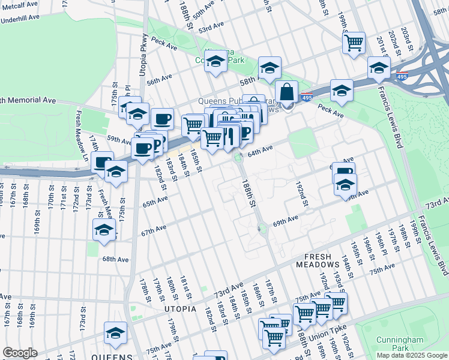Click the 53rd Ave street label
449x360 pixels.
pos(211,29)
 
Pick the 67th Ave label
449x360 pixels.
pos(154,229)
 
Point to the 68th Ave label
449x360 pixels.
pos(115,259)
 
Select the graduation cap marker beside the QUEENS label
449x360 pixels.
pos(115,333)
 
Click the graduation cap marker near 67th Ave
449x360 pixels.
pos(104,230)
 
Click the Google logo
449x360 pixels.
pos(20,353)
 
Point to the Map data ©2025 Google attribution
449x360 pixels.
pos(411,355)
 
